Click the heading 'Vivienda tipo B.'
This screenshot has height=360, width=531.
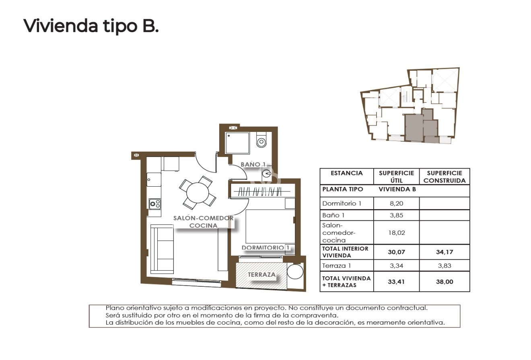pyautogui.click(x=91, y=26)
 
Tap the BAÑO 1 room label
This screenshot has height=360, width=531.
pyautogui.click(x=253, y=164)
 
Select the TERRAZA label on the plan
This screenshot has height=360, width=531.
pyautogui.click(x=261, y=275)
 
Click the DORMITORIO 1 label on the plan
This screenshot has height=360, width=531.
pyautogui.click(x=266, y=248)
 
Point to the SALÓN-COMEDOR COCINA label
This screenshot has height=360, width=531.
pyautogui.click(x=203, y=222)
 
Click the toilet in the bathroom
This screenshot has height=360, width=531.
pyautogui.click(x=261, y=141)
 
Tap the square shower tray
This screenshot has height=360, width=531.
pyautogui.click(x=237, y=143)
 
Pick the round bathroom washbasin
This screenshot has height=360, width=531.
pyautogui.click(x=267, y=174)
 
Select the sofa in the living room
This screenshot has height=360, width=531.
pyautogui.click(x=162, y=249)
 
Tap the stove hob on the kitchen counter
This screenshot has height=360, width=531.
pyautogui.click(x=155, y=204)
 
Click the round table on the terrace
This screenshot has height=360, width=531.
pyautogui.click(x=295, y=271)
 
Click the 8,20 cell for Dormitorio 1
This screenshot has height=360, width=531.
pyautogui.click(x=396, y=203)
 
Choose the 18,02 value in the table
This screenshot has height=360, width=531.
pyautogui.click(x=396, y=232)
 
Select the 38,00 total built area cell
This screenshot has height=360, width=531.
pyautogui.click(x=444, y=282)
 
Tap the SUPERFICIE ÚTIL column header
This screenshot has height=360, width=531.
pyautogui.click(x=396, y=177)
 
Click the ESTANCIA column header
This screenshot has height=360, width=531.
pyautogui.click(x=346, y=173)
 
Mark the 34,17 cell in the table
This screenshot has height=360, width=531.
pyautogui.click(x=444, y=252)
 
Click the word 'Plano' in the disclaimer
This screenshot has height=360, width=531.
pyautogui.click(x=114, y=308)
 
